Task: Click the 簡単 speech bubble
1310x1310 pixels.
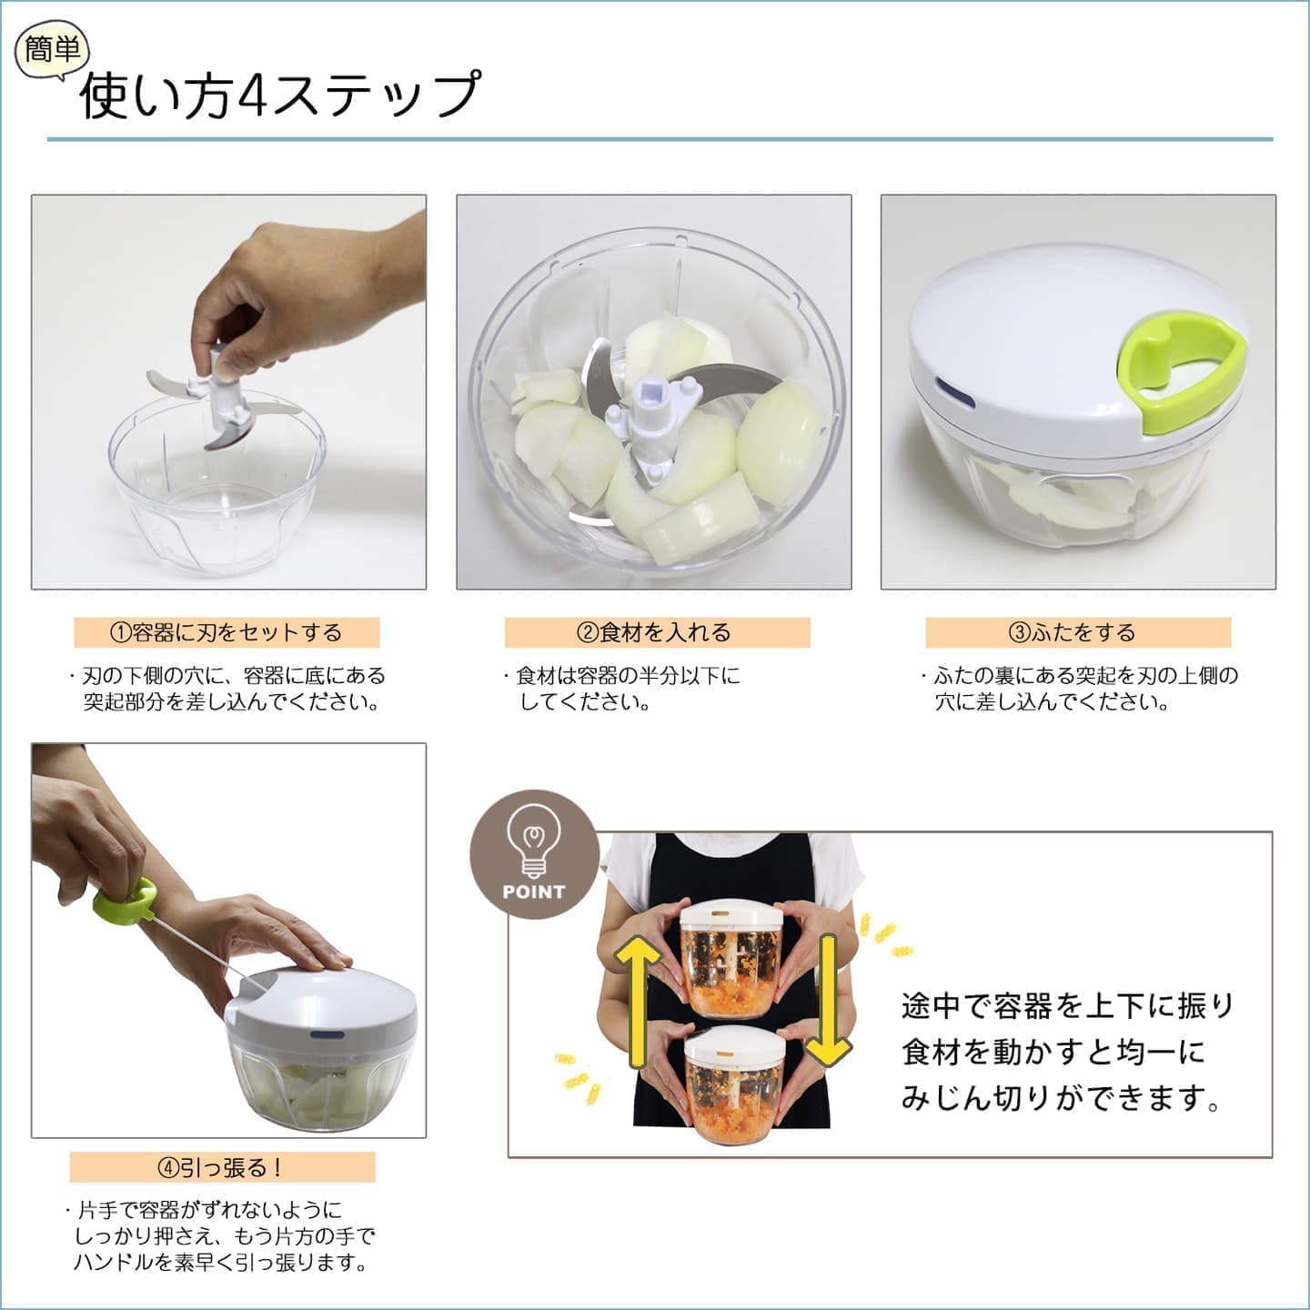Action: (52, 50)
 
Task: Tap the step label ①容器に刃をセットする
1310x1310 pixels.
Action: (227, 632)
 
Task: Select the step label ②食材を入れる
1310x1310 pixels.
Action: (657, 632)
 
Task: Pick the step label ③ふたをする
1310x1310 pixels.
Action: (1078, 632)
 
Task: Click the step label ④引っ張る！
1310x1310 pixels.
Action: (222, 1167)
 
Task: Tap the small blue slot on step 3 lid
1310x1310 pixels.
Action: (954, 393)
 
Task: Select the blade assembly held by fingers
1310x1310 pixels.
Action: (219, 398)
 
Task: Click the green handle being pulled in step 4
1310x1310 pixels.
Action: (126, 902)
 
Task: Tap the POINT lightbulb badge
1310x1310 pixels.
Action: (534, 854)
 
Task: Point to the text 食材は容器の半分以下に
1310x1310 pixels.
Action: (628, 676)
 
